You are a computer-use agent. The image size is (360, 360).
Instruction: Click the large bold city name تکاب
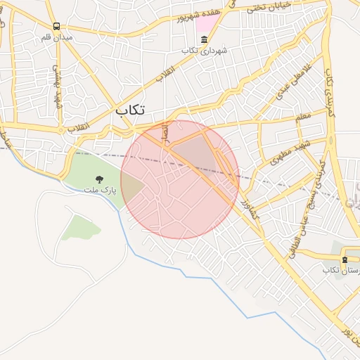pyautogui.click(x=131, y=110)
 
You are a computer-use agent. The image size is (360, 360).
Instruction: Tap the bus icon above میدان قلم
pyautogui.click(x=56, y=27)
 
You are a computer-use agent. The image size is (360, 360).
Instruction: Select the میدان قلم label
pyautogui.click(x=57, y=37)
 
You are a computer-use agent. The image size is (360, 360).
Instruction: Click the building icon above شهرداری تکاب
pyautogui.click(x=204, y=41)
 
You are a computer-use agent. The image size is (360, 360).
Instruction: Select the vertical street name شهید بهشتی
pyautogui.click(x=57, y=89)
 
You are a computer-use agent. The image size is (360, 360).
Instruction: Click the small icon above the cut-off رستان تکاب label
pyautogui.click(x=345, y=259)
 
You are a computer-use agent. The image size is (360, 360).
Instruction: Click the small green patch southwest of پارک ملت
pyautogui.click(x=79, y=227)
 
